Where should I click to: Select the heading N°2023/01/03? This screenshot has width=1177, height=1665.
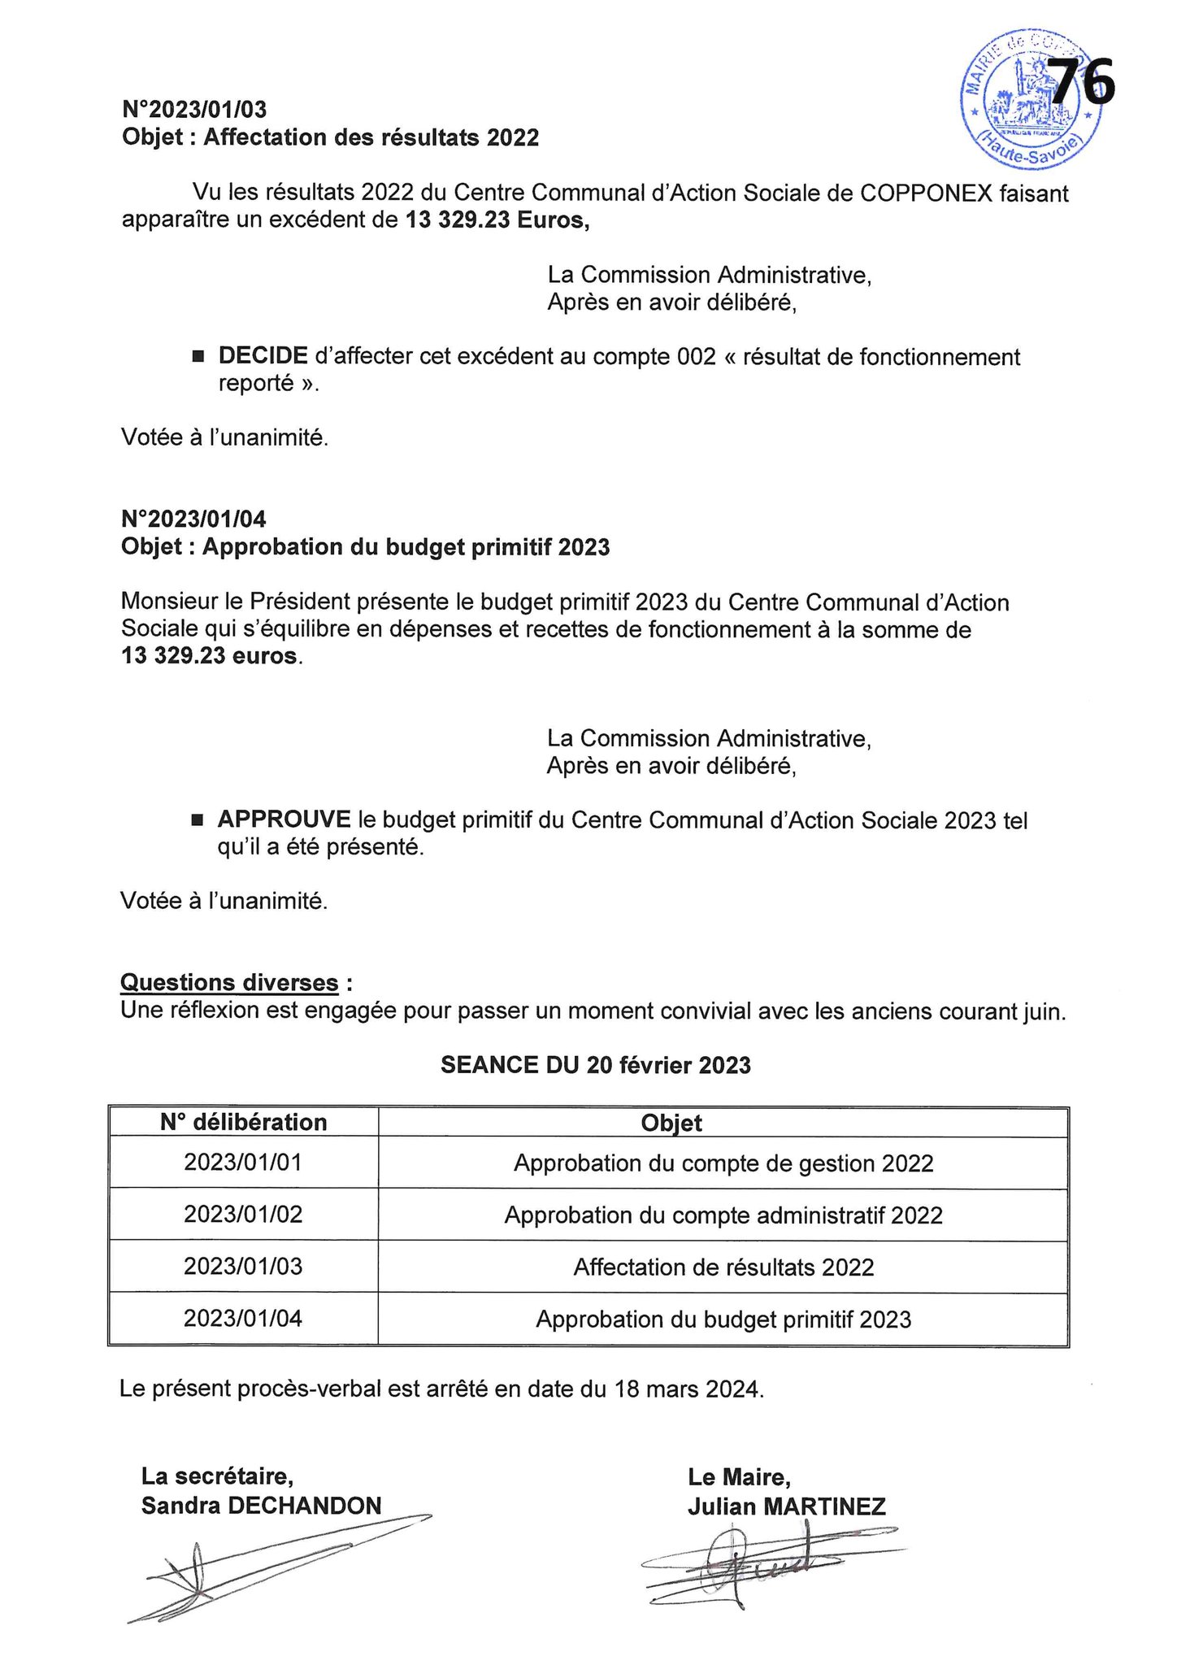coord(194,109)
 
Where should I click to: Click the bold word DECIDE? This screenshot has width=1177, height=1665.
coord(263,356)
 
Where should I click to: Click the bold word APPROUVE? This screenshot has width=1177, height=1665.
coord(284,819)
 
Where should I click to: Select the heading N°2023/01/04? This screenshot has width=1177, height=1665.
coord(193,519)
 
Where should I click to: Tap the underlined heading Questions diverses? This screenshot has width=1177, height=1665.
coord(229,983)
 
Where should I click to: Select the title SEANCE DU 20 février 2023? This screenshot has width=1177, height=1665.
coord(595,1065)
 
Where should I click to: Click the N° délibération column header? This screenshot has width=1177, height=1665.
coord(243,1123)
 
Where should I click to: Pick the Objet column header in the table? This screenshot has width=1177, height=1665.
coord(671,1123)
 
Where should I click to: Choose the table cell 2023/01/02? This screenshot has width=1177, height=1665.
coord(243,1215)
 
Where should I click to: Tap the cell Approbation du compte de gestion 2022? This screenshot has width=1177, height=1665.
coord(723,1163)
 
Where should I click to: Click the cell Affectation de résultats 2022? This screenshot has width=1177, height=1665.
coord(723,1267)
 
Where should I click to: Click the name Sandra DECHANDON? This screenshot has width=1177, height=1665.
coord(262,1506)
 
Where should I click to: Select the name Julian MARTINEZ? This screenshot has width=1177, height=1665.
coord(786,1506)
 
